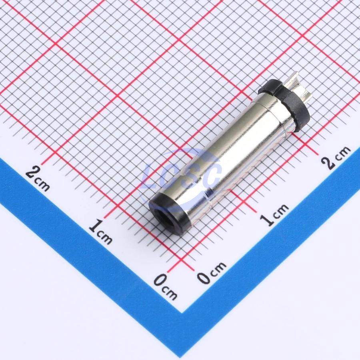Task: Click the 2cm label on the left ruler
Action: coord(38,178)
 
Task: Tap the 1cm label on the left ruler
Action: coord(100,232)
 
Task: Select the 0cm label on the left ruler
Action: coord(165,287)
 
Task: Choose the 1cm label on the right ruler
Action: coord(274,214)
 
